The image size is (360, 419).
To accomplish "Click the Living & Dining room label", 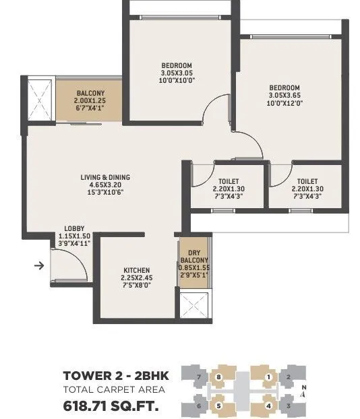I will [105, 177].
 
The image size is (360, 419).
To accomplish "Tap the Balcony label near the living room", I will [89, 93].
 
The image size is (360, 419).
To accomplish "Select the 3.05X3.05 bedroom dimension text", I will [177, 73].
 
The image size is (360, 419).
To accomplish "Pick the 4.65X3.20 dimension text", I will [105, 185].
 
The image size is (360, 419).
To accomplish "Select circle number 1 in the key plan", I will [268, 377].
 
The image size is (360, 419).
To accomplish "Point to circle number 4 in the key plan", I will [268, 406].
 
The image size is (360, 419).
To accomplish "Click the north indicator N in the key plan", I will [303, 387].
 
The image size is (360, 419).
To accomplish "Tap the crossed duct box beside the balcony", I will [40, 99].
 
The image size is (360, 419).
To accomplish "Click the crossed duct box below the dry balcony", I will [194, 307].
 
